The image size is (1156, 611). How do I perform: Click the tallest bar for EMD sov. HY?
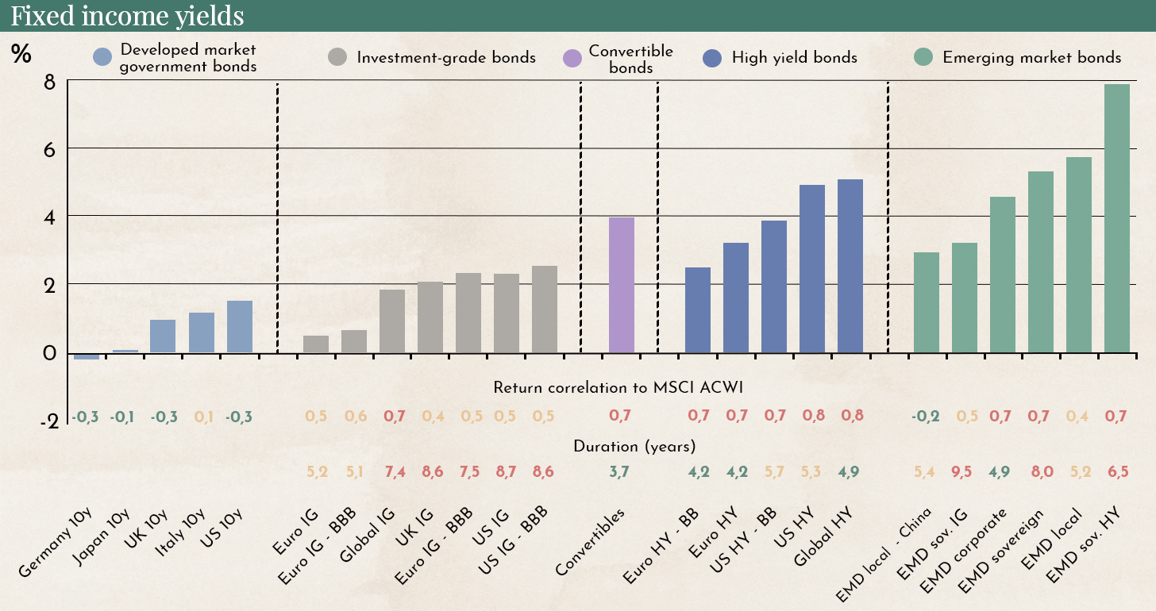1117,218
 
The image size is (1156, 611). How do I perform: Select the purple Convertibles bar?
621,285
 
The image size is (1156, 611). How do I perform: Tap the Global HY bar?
850,266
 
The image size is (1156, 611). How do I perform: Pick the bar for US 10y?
240,327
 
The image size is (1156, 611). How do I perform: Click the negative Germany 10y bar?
87,356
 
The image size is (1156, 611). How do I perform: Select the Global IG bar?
392,321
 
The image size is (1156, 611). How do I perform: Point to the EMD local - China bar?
926,302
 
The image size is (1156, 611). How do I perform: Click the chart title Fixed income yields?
128,16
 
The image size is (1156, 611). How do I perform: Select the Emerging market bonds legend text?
1031,58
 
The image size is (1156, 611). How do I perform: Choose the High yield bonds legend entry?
794,58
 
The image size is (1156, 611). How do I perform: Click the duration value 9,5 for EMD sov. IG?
965,471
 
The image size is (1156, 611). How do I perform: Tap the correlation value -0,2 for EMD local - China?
926,416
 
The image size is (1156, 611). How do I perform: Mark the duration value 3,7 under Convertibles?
621,471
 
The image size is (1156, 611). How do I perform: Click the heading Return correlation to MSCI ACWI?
617,388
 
